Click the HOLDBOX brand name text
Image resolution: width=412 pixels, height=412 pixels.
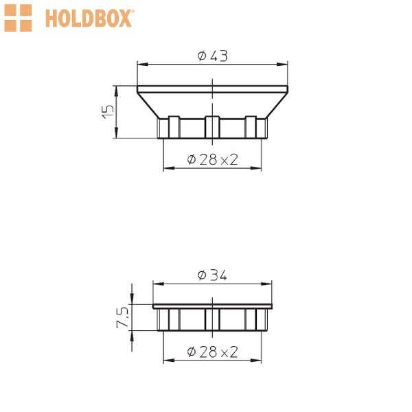pos(89,18)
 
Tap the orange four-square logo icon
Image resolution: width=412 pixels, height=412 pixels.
pos(18,18)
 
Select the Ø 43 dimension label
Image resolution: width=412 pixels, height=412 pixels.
pos(212,56)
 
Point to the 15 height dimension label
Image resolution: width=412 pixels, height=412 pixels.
pos(108,112)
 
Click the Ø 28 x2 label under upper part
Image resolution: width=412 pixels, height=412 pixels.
pos(212,159)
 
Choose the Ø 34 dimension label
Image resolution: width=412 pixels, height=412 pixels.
pos(211,275)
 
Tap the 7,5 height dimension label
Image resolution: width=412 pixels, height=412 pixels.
pos(122,317)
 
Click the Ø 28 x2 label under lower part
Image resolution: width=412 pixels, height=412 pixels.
pos(212,352)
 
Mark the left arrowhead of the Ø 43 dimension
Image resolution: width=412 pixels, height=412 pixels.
pos(143,64)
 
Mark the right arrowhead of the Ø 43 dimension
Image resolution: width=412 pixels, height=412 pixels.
pos(282,64)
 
